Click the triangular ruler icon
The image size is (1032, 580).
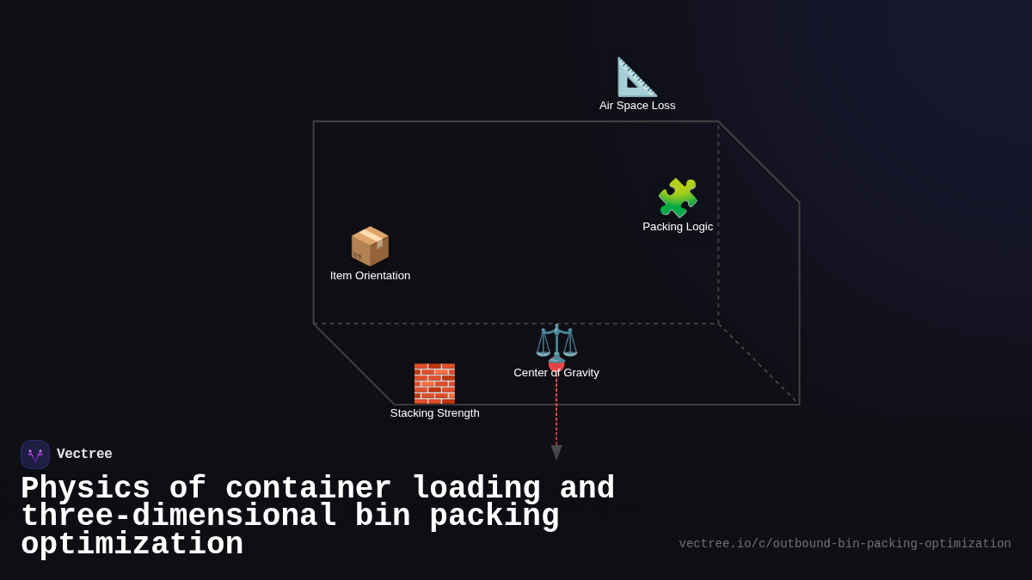(636, 77)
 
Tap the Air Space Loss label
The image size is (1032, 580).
(637, 106)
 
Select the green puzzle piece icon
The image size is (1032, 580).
(678, 198)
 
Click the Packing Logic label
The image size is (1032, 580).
(678, 227)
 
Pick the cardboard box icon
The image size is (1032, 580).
(370, 247)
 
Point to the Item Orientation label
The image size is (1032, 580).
(370, 276)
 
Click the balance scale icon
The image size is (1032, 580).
(556, 342)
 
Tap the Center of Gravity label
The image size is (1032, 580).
(556, 373)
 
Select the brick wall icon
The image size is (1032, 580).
(434, 383)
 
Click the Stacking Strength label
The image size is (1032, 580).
(434, 413)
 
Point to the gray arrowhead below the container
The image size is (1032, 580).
(556, 452)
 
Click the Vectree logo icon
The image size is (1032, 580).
(35, 455)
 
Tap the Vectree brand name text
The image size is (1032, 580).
(84, 455)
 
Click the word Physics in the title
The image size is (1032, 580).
(85, 489)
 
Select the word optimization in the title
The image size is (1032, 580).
(132, 545)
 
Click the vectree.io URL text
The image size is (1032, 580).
(845, 544)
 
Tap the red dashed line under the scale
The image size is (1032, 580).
(556, 412)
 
